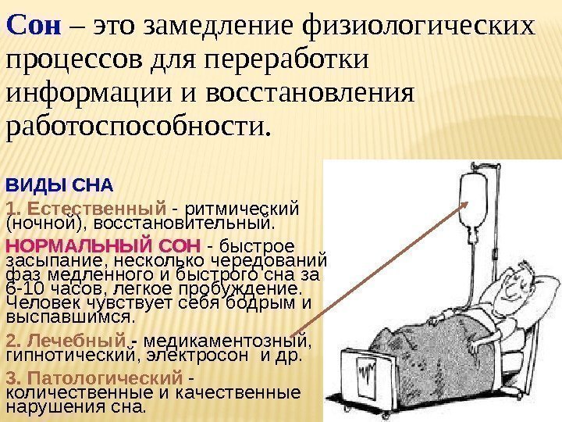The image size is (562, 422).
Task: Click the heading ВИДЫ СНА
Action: [59, 187]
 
